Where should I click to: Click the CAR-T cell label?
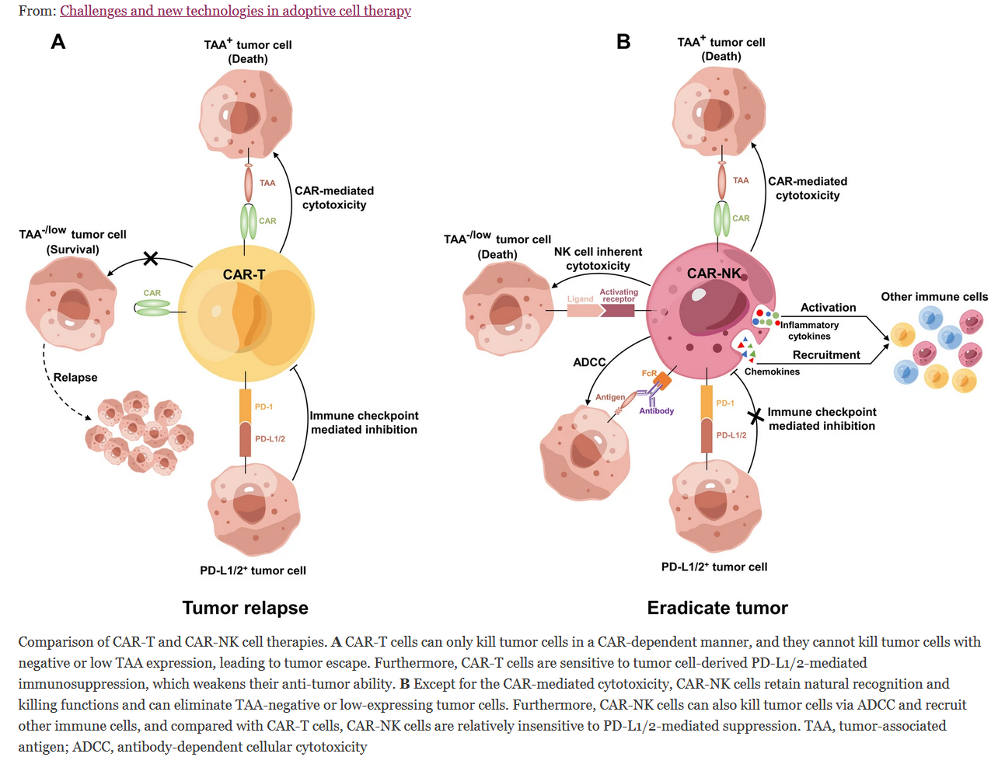click(244, 274)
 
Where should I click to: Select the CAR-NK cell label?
click(714, 273)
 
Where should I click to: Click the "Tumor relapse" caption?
click(245, 608)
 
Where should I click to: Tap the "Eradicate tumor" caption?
click(717, 608)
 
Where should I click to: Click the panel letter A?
click(58, 42)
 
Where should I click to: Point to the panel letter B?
click(623, 42)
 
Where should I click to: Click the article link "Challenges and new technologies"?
click(236, 11)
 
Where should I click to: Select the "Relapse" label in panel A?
click(75, 378)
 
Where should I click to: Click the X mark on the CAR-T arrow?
click(151, 258)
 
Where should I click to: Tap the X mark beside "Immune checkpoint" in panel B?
click(755, 417)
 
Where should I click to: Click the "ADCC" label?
click(589, 362)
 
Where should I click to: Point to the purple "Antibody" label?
click(657, 411)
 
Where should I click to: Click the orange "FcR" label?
click(649, 374)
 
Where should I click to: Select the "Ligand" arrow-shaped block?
click(584, 309)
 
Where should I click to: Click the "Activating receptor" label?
click(619, 295)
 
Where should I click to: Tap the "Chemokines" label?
click(772, 372)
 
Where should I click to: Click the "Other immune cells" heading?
click(934, 297)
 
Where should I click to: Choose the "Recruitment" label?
click(826, 355)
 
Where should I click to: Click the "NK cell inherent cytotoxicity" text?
click(598, 259)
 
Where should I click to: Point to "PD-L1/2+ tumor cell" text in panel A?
click(253, 570)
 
